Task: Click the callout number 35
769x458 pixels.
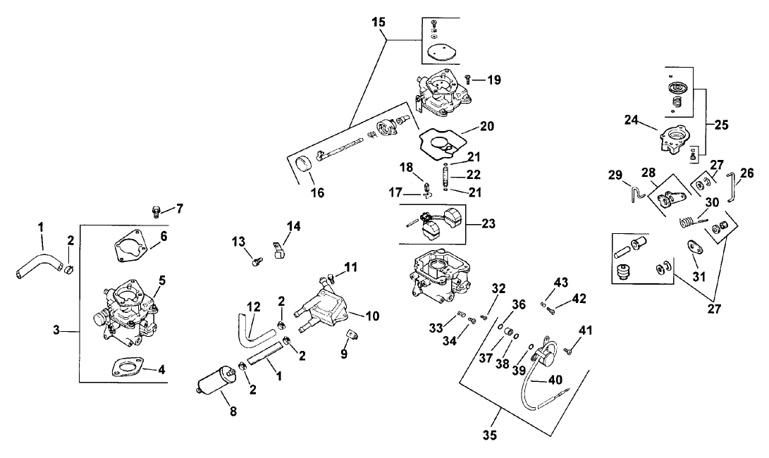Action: pyautogui.click(x=491, y=435)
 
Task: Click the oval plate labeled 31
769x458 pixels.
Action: pyautogui.click(x=694, y=249)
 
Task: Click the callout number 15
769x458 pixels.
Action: pyautogui.click(x=379, y=23)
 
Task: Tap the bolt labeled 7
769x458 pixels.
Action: pyautogui.click(x=157, y=209)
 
